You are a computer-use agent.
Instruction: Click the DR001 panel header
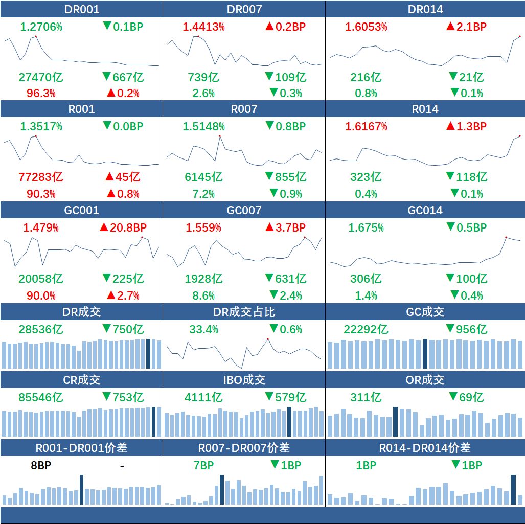[82, 9]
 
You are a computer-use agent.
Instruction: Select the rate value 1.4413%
[203, 27]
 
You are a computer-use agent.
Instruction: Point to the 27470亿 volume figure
[41, 77]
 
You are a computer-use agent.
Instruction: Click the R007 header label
[244, 109]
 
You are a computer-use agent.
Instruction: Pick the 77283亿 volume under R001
[41, 177]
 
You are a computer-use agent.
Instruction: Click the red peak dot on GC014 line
[506, 237]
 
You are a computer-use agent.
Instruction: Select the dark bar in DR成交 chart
[148, 353]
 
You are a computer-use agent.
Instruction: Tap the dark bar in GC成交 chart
[425, 353]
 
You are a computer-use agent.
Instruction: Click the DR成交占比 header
[244, 312]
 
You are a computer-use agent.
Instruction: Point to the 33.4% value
[203, 329]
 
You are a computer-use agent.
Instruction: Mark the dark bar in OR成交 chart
[395, 422]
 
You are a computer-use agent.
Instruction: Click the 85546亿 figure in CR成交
[41, 397]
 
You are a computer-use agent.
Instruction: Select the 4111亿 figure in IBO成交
[203, 397]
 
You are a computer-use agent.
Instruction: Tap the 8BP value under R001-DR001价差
[41, 465]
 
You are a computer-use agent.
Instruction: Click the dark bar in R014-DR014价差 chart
[513, 490]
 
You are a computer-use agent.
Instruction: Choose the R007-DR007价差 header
[244, 448]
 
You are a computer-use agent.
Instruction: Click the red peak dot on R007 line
[220, 136]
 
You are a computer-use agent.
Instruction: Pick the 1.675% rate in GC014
[366, 227]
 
